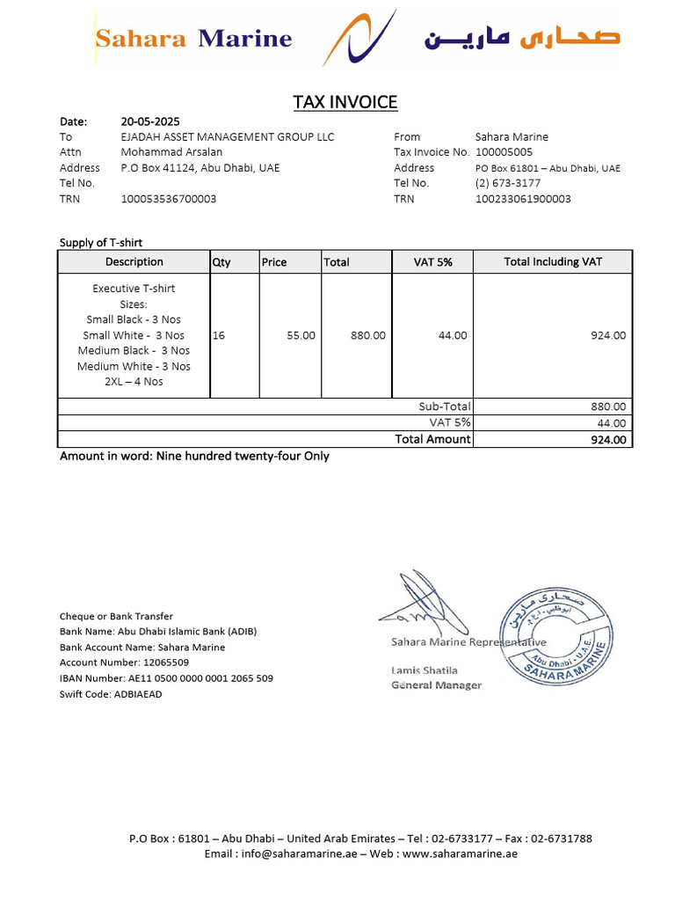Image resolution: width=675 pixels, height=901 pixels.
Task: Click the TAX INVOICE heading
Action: coord(345,102)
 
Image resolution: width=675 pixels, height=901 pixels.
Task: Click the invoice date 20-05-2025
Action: coord(150,121)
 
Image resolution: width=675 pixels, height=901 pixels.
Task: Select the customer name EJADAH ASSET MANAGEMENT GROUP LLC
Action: coord(228,136)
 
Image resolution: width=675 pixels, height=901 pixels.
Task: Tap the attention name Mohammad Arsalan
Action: coord(171,152)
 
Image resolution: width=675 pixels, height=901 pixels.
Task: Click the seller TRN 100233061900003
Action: coord(523,199)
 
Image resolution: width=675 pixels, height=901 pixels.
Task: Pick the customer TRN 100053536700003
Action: coord(169,199)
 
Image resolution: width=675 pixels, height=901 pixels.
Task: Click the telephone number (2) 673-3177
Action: coord(508,183)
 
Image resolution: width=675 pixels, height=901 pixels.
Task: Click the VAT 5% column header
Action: coord(433,261)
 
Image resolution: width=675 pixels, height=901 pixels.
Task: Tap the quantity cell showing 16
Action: coord(219,335)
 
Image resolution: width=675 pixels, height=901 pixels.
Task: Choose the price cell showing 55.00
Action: coord(301,335)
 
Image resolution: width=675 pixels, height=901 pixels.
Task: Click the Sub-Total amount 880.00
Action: coord(608,407)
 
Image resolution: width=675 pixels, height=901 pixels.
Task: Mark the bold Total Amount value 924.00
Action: coord(608,440)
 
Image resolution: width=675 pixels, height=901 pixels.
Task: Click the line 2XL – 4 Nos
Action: coord(134,382)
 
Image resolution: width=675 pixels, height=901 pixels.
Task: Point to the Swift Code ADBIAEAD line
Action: coord(111,694)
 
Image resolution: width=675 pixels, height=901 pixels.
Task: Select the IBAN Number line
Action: coord(166,678)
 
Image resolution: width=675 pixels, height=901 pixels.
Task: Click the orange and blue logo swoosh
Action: coord(359,37)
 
